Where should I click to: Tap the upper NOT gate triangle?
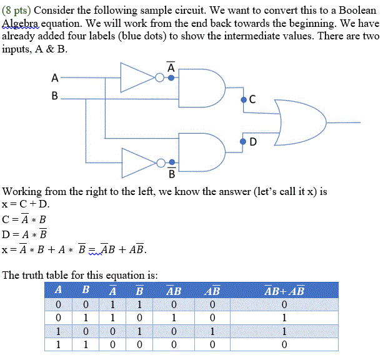[137, 77]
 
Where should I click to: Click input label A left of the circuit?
[55, 78]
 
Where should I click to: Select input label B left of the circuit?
[55, 96]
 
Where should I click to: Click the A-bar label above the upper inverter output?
[171, 66]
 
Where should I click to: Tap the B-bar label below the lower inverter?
[172, 172]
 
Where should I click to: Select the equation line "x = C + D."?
[26, 204]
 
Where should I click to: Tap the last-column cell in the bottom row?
[284, 344]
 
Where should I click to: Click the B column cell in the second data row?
[86, 318]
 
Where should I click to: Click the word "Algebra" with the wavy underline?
[21, 25]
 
